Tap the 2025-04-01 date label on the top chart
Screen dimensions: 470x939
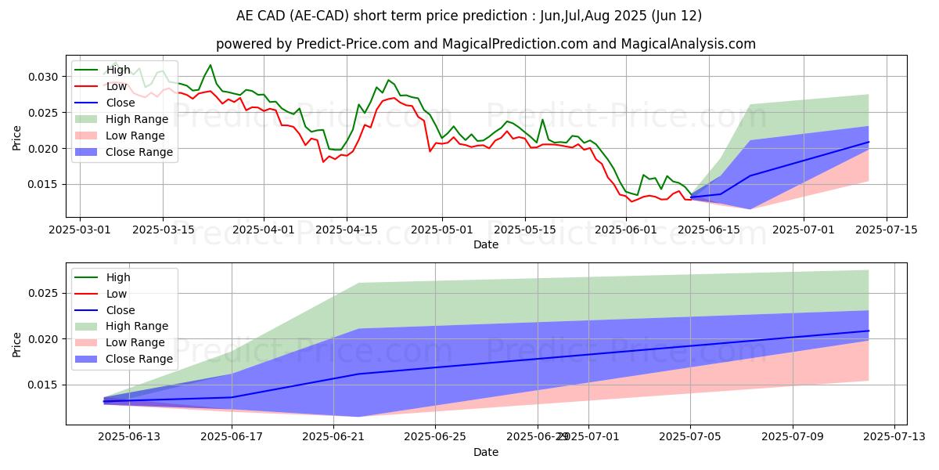(264, 230)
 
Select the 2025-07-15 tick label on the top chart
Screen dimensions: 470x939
(886, 230)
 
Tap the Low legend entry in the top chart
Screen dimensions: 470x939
(117, 86)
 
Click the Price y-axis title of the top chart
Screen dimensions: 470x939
(17, 138)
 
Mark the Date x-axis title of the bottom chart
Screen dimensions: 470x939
(486, 453)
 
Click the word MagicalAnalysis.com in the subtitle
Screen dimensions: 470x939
(689, 44)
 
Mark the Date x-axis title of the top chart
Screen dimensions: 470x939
(486, 244)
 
